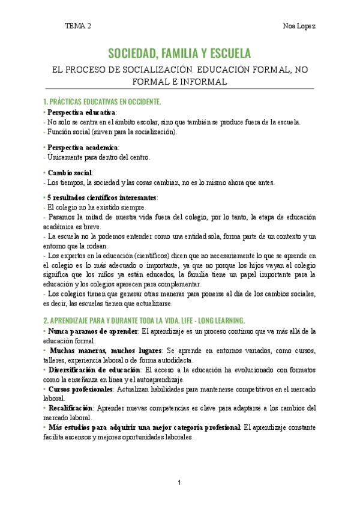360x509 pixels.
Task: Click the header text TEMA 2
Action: click(x=78, y=26)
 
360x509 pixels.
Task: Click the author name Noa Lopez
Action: click(x=299, y=26)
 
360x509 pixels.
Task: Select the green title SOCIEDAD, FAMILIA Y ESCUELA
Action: click(x=179, y=53)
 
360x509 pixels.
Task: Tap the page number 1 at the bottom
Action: click(x=179, y=483)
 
